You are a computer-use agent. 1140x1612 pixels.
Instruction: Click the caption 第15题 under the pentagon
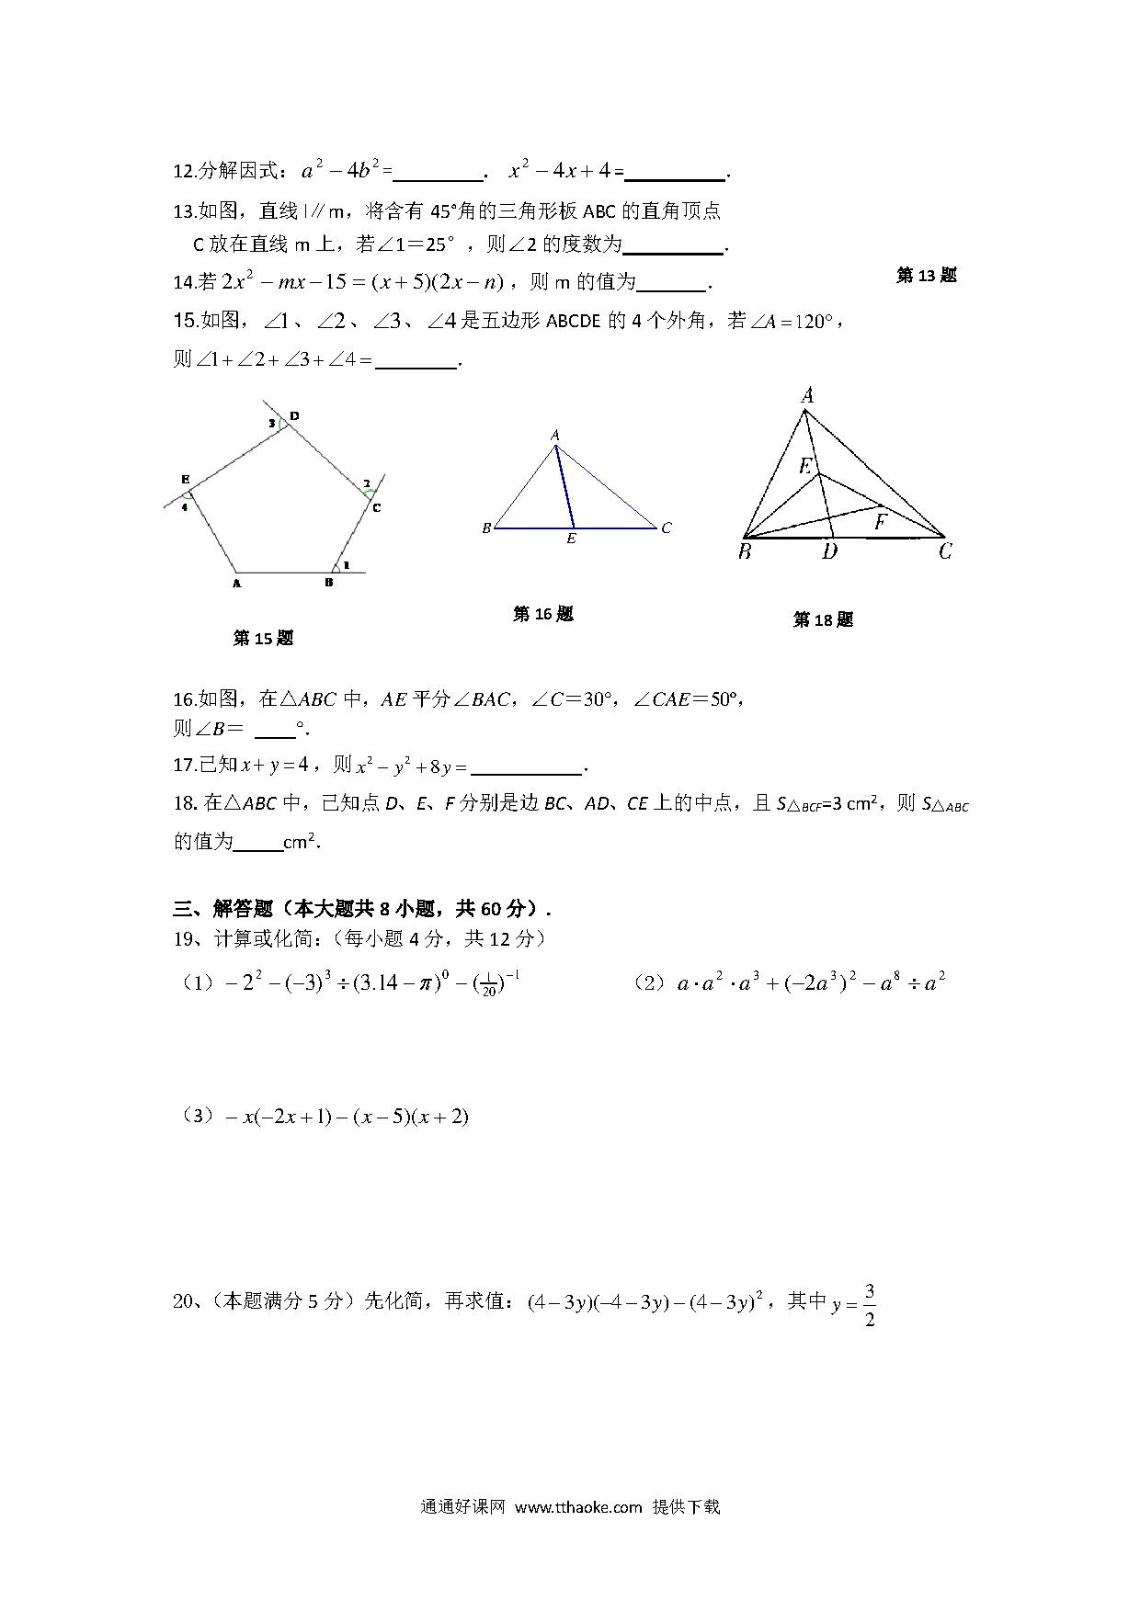[x=263, y=638]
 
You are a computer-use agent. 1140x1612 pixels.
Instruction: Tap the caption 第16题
[x=542, y=614]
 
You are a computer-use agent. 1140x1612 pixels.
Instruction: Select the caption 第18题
[x=823, y=620]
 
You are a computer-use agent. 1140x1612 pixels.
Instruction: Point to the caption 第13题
[x=926, y=275]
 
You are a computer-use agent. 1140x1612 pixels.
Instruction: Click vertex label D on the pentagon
[x=294, y=416]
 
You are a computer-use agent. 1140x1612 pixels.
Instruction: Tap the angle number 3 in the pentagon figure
[x=272, y=424]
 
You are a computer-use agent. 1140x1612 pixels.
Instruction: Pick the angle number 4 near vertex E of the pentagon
[x=185, y=506]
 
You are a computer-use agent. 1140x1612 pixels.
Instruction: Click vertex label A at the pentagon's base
[x=236, y=583]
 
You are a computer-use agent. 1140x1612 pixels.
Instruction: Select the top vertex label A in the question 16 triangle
[x=555, y=435]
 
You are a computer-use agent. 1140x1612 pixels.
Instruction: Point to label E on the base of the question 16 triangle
[x=571, y=539]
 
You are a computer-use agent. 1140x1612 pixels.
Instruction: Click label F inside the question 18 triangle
[x=881, y=522]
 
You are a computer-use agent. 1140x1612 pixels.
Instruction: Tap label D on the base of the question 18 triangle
[x=829, y=551]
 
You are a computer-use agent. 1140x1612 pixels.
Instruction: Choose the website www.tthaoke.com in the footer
[x=578, y=1507]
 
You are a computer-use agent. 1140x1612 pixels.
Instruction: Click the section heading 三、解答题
[x=223, y=909]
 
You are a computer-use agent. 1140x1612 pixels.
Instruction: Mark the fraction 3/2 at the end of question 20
[x=870, y=1306]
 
